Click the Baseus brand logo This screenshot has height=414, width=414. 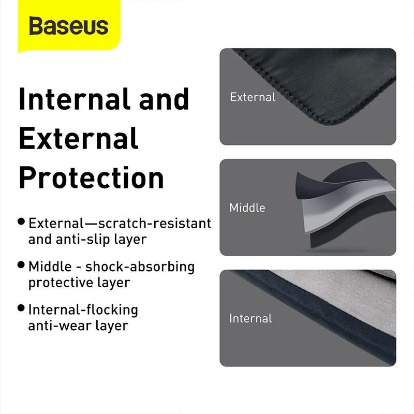point(68,26)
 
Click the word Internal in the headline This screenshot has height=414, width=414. point(73,99)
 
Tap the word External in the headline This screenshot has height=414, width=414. point(79,138)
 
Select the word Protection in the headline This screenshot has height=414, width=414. point(91,178)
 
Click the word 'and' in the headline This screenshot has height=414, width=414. point(164,99)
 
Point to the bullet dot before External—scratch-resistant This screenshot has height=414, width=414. point(21,221)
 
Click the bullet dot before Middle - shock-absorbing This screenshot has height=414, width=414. point(21,265)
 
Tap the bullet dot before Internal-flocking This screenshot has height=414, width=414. point(21,308)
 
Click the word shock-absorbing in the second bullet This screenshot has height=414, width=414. point(140,267)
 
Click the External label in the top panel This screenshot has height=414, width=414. point(253,97)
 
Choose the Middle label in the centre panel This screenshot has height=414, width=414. point(247,208)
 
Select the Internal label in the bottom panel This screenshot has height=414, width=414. point(250,318)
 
